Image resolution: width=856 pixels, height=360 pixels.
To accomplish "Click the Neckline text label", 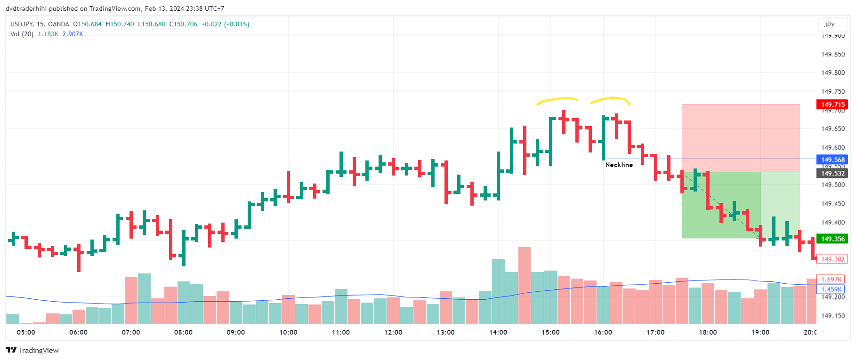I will (x=619, y=165).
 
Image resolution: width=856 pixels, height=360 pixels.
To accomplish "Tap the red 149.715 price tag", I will (x=832, y=104).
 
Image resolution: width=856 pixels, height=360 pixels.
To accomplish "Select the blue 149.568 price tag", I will (x=832, y=160).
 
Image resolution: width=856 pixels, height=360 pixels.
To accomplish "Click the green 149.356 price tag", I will (x=832, y=239).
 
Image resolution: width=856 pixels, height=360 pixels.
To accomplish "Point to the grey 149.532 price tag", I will (x=832, y=174).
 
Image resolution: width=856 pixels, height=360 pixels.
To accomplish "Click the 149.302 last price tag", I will (x=832, y=259).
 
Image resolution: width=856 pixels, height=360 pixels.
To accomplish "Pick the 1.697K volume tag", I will (x=831, y=280).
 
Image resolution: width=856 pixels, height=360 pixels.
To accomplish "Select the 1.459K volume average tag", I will (x=831, y=289).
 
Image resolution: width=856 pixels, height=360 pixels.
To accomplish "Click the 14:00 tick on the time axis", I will (x=498, y=332).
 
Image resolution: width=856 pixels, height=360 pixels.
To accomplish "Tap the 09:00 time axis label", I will (x=235, y=332).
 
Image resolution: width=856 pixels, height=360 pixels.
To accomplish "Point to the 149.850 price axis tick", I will (x=832, y=54).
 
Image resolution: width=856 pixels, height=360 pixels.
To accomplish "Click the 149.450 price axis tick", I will (x=832, y=204).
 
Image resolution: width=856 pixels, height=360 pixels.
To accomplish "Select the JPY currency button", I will (x=829, y=25).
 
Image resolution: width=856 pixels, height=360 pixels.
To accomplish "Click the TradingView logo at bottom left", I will (x=32, y=350).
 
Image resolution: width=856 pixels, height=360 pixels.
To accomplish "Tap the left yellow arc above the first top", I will (x=557, y=100).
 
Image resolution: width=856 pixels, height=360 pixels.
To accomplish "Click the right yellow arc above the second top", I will (x=611, y=99).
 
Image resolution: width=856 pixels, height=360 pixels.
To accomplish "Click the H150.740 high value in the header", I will (x=120, y=24).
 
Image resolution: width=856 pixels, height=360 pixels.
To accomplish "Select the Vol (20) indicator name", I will (x=22, y=34).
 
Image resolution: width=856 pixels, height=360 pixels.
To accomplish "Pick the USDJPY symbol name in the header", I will (x=21, y=24).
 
